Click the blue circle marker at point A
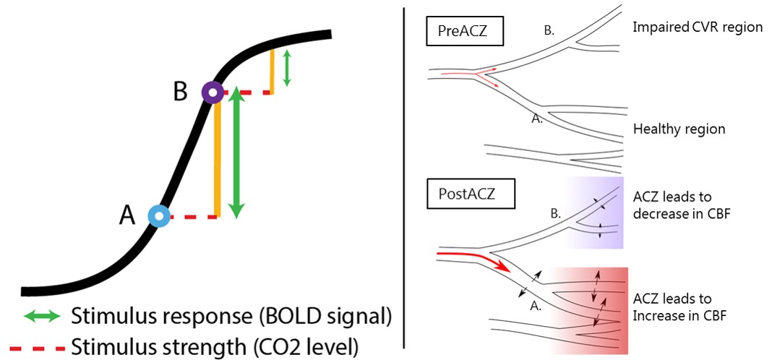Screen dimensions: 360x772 [158, 216]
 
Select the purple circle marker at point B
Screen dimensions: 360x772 [212, 93]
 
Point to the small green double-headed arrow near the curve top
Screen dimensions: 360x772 [287, 68]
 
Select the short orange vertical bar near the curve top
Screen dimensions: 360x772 [273, 71]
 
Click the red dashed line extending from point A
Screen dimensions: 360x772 [192, 216]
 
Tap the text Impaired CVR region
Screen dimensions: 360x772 [698, 27]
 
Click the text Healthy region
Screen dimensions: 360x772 [679, 129]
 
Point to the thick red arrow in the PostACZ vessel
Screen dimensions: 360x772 [478, 259]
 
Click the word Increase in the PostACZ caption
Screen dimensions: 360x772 [659, 315]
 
